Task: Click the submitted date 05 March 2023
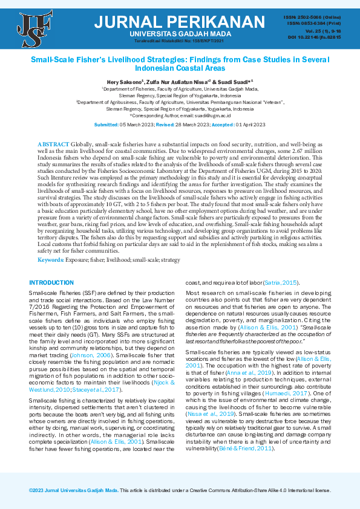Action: click(137, 125)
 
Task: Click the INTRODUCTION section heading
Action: click(51, 282)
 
